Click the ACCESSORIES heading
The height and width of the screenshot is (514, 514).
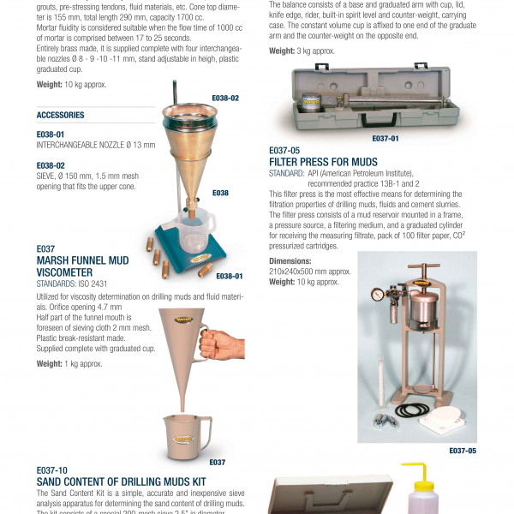click(60, 115)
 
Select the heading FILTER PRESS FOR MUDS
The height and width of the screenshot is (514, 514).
click(323, 161)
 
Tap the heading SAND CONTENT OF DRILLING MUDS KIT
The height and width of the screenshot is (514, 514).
click(121, 482)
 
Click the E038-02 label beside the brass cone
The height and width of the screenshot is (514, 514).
click(224, 99)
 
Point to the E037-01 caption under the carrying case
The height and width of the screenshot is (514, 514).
click(385, 138)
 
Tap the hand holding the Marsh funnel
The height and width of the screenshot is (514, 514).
click(224, 344)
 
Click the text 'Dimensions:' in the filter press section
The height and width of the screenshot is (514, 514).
click(290, 260)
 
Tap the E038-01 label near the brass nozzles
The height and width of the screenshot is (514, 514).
click(229, 276)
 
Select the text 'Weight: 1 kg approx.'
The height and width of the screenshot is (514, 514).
click(69, 363)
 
